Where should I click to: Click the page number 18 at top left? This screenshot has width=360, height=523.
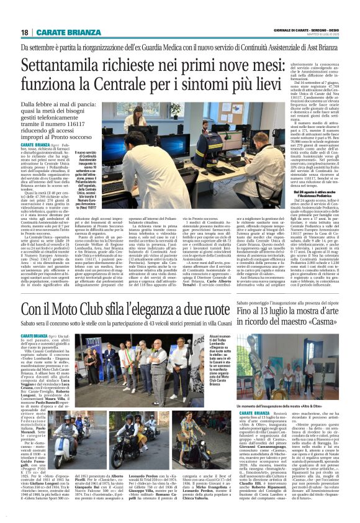coord(25,32)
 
